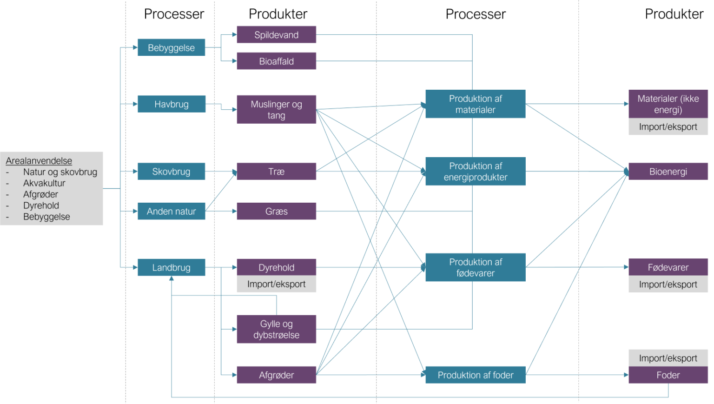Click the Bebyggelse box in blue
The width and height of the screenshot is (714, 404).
[x=171, y=48]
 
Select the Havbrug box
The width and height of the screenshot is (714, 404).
[x=171, y=104]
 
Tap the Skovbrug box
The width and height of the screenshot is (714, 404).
[x=171, y=172]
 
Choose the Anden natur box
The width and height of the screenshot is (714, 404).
[x=171, y=212]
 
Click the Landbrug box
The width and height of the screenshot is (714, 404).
[x=171, y=267]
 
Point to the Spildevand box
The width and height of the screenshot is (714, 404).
[x=276, y=35]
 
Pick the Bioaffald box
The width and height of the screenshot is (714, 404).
[x=276, y=61]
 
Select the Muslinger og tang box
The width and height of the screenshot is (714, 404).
[x=276, y=110]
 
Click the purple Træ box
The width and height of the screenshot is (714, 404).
[x=276, y=172]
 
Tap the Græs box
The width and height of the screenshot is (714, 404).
[x=276, y=212]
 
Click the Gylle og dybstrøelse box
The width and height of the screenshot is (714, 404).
[x=276, y=329]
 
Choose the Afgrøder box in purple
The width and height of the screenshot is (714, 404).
[x=276, y=375]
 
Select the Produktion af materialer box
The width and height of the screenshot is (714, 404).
[x=475, y=104]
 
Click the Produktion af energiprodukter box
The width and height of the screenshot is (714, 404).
[x=475, y=172]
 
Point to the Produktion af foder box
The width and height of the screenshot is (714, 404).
[x=475, y=375]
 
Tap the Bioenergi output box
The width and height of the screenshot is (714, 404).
[x=668, y=172]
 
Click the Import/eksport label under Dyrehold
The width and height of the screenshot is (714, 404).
[x=276, y=284]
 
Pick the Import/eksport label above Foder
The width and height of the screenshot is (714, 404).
[x=668, y=358]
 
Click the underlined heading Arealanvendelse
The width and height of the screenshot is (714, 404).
[x=39, y=161]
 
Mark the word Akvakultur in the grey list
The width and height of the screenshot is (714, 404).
[x=44, y=183]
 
